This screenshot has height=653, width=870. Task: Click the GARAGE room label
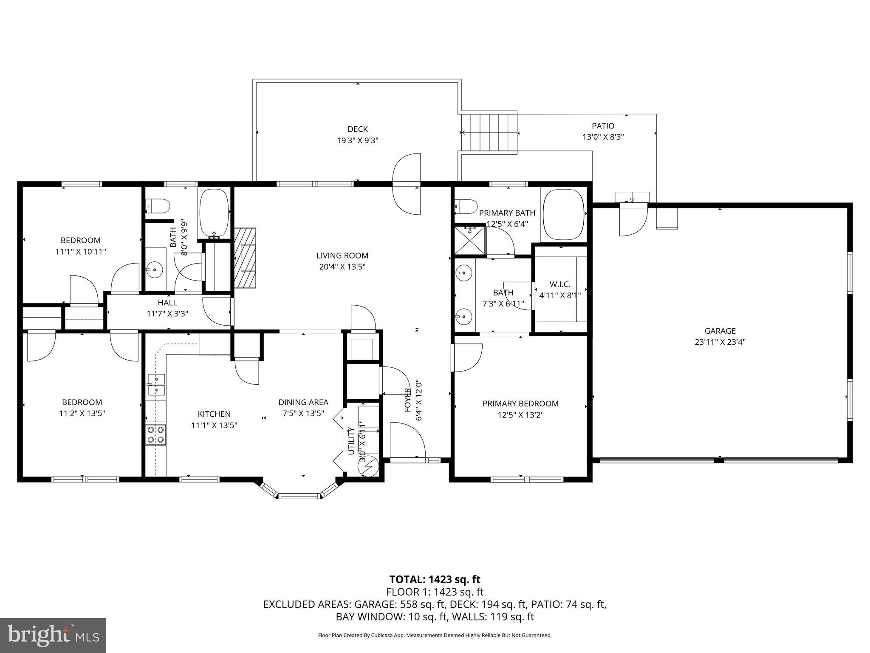720,331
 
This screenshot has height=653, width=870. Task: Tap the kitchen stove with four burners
155,435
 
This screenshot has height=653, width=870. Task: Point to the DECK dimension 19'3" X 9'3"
358,141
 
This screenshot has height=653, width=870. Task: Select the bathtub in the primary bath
563,215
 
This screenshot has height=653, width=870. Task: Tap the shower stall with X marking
469,241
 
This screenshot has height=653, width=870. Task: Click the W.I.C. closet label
560,284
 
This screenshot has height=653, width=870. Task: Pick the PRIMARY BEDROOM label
520,403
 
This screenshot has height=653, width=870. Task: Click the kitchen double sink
156,384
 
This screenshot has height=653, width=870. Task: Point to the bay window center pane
299,496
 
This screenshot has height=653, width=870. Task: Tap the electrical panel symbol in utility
368,466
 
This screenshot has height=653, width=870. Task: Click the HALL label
167,303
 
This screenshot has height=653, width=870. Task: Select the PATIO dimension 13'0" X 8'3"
603,137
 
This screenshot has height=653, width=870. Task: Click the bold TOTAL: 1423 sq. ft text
435,579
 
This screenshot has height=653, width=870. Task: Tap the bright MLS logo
53,636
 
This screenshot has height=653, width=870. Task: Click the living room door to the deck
407,184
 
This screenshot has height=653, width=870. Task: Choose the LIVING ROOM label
342,256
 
